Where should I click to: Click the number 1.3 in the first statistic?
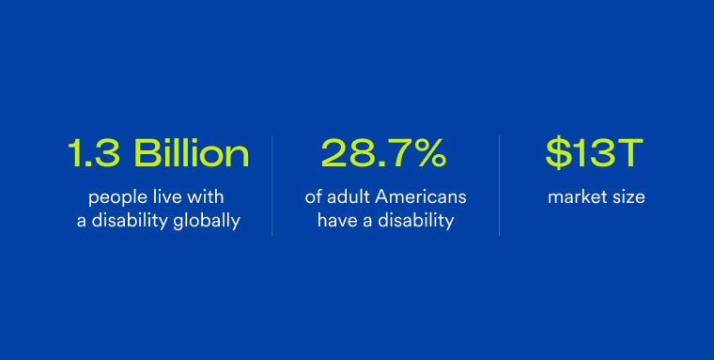[93, 153]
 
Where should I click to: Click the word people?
[112, 198]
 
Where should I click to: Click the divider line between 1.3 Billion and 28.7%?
[272, 185]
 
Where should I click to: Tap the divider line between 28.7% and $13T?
[499, 185]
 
